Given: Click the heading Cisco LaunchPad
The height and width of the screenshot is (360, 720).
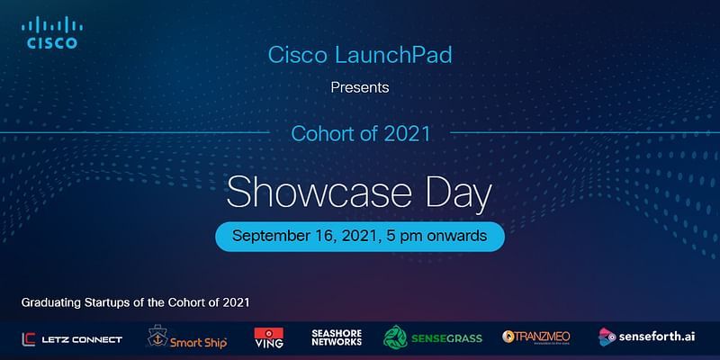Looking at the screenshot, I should point(359,54).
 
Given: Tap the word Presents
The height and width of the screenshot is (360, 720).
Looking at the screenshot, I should point(359,88).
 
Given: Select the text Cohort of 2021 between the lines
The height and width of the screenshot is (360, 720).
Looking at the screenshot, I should point(359,134).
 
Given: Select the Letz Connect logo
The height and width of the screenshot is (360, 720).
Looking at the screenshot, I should point(72,338).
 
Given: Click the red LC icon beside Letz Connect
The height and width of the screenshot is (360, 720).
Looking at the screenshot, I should point(30,338).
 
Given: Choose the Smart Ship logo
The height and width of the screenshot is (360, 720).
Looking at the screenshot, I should point(187,338).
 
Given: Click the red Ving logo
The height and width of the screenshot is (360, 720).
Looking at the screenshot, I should point(269,338).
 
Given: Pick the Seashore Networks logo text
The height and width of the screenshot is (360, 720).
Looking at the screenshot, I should point(336,337).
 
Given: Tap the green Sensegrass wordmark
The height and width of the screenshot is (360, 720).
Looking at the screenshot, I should point(448,338).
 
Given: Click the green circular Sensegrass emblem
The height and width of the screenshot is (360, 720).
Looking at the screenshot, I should point(396,337).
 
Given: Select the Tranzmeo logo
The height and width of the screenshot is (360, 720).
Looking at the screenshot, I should point(536,337).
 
